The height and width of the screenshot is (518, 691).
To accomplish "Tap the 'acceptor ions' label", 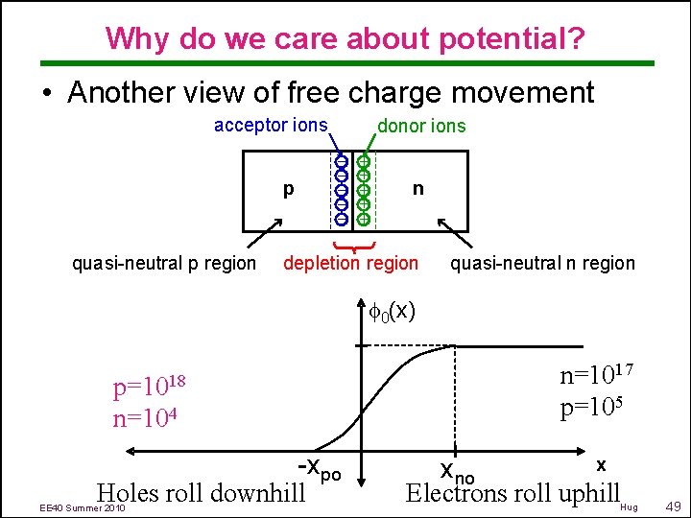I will point(271,126).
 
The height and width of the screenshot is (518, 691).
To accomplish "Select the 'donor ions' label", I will point(421,126).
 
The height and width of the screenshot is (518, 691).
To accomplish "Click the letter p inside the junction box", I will point(288,189).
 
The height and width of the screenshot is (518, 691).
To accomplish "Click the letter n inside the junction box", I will point(417,189).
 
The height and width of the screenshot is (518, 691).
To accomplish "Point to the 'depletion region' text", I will point(350,263).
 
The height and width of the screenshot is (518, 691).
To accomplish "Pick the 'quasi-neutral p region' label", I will point(165,263).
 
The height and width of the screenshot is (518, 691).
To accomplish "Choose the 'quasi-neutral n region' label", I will point(542,263).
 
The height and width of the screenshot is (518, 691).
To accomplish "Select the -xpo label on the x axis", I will point(319,469).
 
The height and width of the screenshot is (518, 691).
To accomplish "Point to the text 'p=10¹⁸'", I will point(148,388).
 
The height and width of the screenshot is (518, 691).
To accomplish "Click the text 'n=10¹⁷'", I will point(595,374).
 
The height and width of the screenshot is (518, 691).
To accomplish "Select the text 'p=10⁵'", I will point(593,407).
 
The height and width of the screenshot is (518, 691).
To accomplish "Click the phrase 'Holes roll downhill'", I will point(201,492).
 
